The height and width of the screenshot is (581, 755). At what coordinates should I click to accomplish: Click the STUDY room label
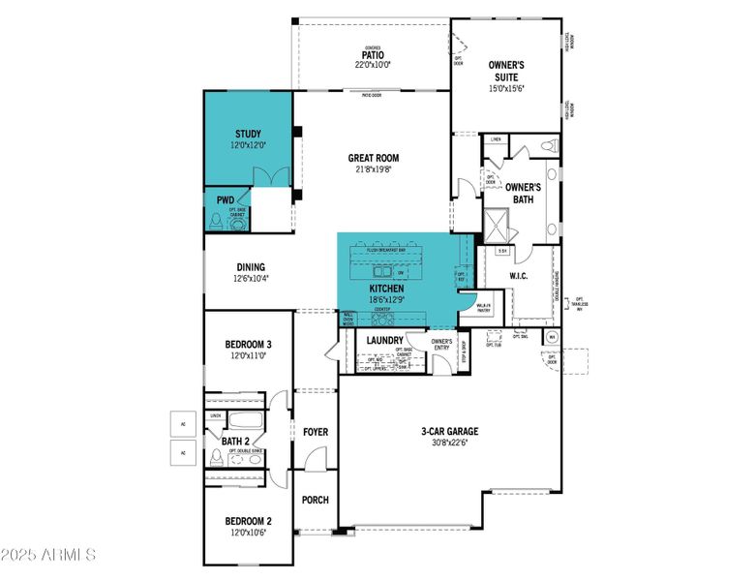click(x=248, y=134)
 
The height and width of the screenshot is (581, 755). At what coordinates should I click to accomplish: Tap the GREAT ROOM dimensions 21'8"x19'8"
click(x=374, y=169)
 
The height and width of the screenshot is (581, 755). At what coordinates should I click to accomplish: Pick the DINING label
click(x=251, y=267)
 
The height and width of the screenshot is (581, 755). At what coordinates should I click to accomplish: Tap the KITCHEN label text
click(x=385, y=289)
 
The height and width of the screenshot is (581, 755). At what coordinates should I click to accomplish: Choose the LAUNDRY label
click(x=385, y=340)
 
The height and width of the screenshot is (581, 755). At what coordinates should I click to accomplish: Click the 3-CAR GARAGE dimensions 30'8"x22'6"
click(x=449, y=443)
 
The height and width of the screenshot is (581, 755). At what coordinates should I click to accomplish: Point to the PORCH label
click(x=315, y=500)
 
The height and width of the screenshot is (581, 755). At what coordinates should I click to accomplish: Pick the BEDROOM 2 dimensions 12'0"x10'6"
click(x=248, y=533)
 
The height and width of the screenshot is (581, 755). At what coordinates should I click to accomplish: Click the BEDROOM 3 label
click(x=249, y=344)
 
